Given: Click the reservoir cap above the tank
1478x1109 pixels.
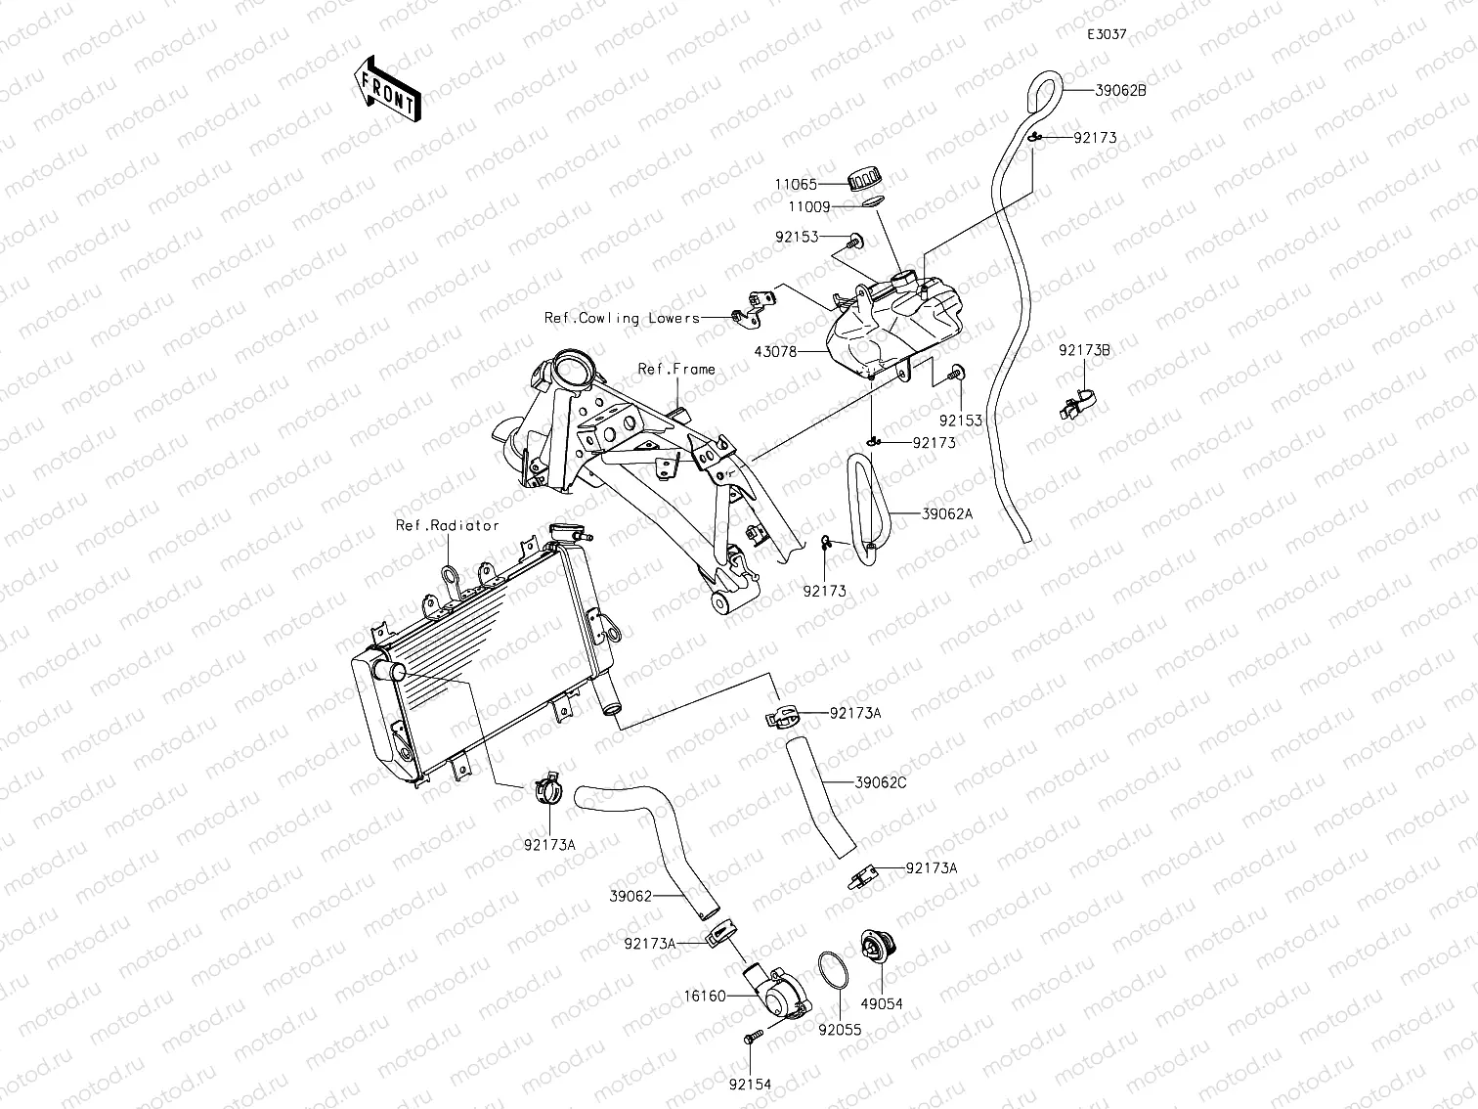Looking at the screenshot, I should pyautogui.click(x=864, y=179).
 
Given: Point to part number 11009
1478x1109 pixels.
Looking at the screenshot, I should pyautogui.click(x=811, y=207).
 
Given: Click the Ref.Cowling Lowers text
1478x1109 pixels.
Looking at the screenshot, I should pyautogui.click(x=622, y=318).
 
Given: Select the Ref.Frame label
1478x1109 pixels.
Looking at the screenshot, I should pyautogui.click(x=676, y=369).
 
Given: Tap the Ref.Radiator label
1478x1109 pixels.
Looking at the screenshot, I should pyautogui.click(x=447, y=525).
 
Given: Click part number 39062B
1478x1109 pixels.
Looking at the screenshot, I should pyautogui.click(x=1120, y=90).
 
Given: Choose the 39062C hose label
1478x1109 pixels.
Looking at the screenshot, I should pyautogui.click(x=881, y=782).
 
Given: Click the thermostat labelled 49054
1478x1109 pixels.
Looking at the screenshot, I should pyautogui.click(x=870, y=949).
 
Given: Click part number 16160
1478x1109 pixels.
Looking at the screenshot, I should pyautogui.click(x=706, y=997).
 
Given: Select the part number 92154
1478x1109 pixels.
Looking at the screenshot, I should pyautogui.click(x=750, y=1084).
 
